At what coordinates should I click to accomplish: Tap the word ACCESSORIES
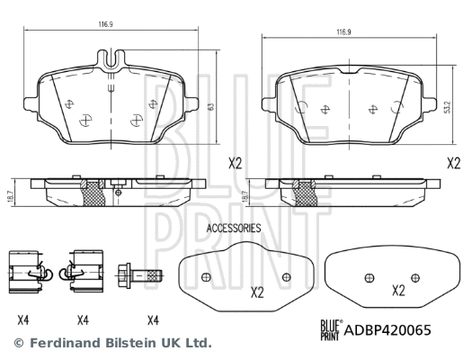234,229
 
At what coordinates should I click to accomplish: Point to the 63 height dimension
210,106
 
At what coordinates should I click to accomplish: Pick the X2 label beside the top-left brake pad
235,164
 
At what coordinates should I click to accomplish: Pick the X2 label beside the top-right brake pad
454,164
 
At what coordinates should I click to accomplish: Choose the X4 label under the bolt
154,319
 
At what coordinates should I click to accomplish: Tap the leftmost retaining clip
25,269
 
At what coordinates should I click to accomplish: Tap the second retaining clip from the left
83,269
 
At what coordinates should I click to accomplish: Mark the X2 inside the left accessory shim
256,292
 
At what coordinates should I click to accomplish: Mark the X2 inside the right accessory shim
398,291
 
